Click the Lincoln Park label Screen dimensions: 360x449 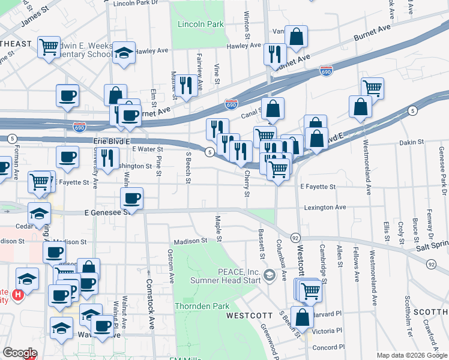(200, 24)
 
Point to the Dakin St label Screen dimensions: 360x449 (411, 143)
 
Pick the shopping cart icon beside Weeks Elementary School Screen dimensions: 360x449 (48, 46)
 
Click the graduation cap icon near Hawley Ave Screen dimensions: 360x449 (124, 53)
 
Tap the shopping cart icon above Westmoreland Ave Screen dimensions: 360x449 (372, 88)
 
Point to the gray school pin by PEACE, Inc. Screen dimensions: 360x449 (269, 275)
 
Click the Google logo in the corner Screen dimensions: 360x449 (20, 353)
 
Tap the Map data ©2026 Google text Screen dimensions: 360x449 (411, 355)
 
